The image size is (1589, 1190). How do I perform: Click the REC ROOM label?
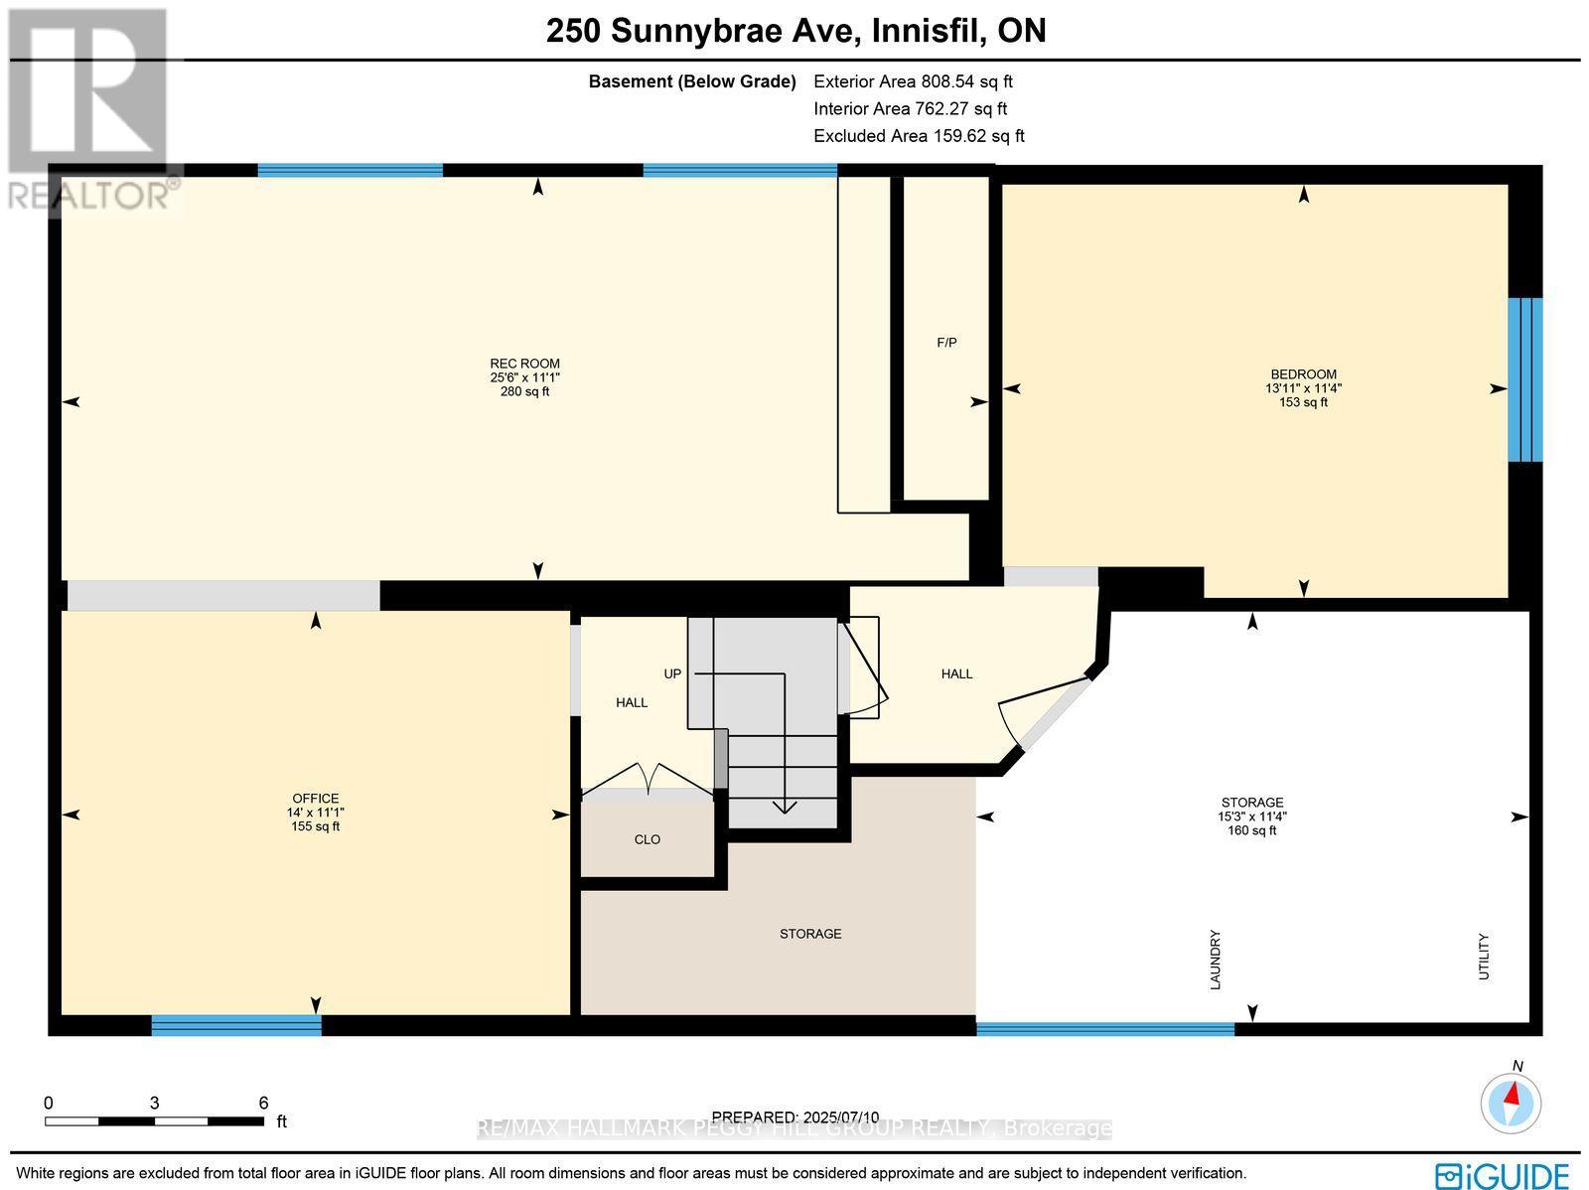[x=524, y=364]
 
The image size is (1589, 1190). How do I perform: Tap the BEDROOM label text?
[x=1303, y=374]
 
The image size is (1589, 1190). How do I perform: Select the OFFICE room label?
[x=315, y=799]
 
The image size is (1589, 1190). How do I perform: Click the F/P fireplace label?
[x=946, y=343]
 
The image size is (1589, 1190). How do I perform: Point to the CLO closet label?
[x=647, y=839]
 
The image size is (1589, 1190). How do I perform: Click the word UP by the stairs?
[x=672, y=673]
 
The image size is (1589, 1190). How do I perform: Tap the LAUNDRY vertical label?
[x=1215, y=959]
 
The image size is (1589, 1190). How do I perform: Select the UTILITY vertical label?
[x=1484, y=956]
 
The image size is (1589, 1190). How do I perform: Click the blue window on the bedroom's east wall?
[x=1524, y=379]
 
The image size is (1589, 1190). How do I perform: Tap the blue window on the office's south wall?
[x=236, y=1025]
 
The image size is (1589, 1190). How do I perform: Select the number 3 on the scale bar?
[x=154, y=1103]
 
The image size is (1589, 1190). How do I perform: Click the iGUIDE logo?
[x=1503, y=1174]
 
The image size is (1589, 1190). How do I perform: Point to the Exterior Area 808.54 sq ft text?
[x=913, y=82]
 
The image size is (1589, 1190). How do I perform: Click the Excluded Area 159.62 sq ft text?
[x=919, y=136]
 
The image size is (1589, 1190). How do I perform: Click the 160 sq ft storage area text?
[x=1251, y=830]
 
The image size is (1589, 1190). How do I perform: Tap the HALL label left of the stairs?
[x=631, y=702]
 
